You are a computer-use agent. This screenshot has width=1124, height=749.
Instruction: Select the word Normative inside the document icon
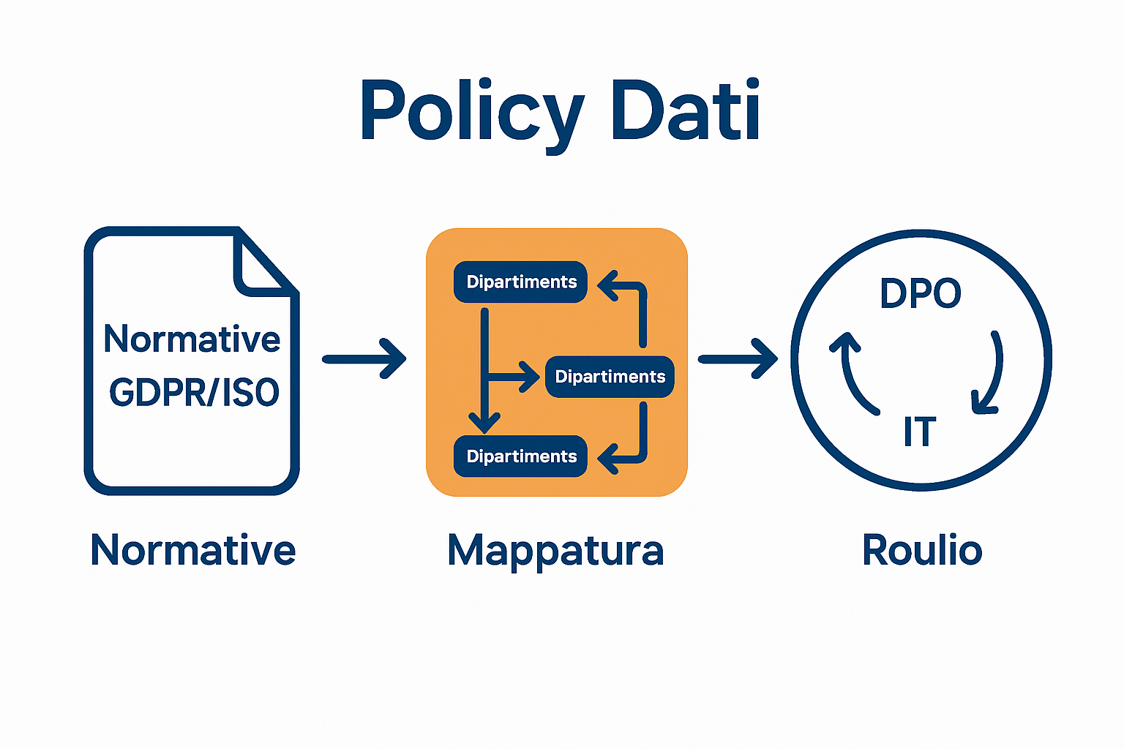(192, 339)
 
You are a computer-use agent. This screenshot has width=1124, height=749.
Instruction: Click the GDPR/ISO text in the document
(194, 393)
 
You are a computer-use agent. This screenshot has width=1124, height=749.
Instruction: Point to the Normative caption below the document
(192, 550)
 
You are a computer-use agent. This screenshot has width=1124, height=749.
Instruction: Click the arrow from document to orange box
(364, 358)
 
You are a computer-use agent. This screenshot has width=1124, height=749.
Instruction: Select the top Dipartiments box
(520, 282)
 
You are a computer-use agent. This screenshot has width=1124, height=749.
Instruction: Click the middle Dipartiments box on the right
(610, 377)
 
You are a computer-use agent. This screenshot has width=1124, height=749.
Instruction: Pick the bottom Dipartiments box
(520, 456)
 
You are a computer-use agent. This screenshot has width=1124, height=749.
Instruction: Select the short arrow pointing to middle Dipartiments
(517, 377)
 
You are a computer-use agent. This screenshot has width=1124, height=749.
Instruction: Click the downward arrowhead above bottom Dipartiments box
(484, 421)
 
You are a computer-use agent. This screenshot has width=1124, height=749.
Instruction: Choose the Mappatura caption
(555, 550)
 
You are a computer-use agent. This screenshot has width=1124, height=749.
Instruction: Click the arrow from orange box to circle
(738, 358)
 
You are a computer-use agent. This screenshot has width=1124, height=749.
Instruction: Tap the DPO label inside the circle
(920, 294)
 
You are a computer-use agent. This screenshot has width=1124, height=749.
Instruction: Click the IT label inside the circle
(919, 432)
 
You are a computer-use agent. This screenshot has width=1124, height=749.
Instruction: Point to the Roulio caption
(922, 550)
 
